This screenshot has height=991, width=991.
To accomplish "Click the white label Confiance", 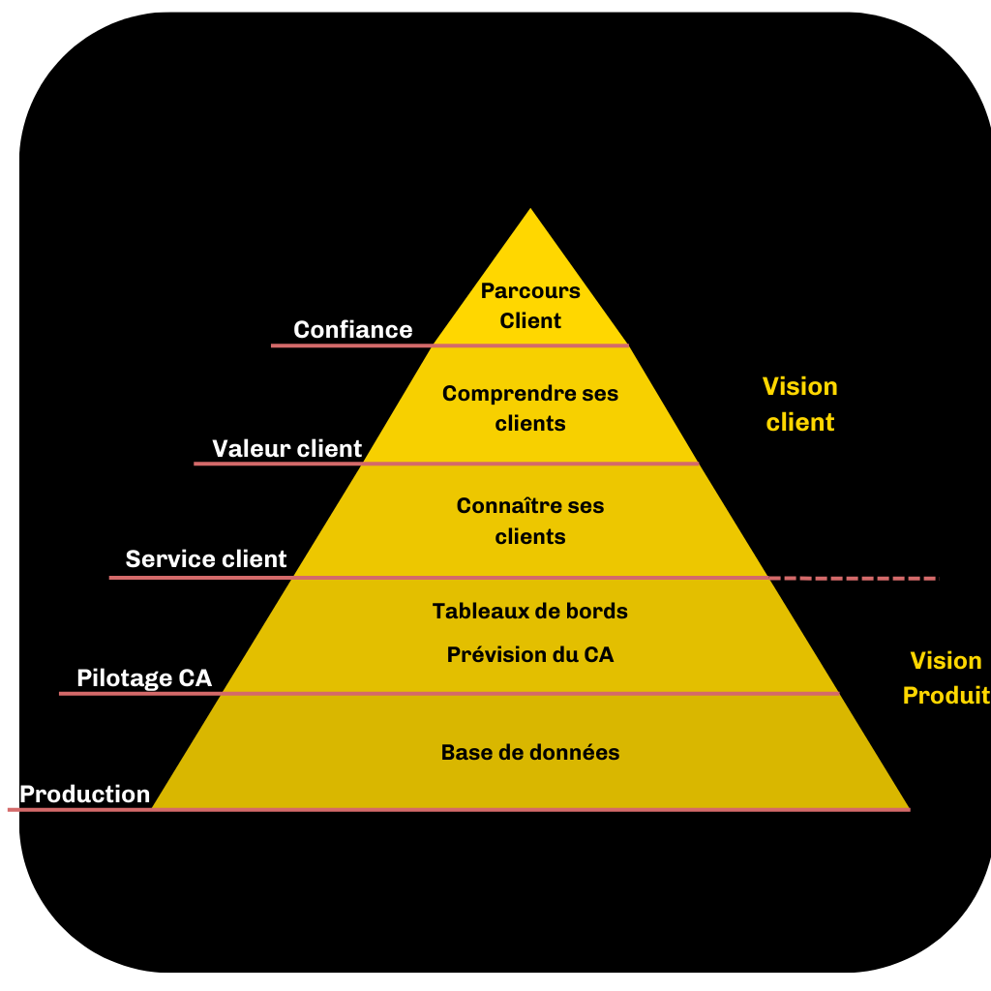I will [x=352, y=330].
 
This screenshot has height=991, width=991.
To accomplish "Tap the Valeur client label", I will [x=286, y=449].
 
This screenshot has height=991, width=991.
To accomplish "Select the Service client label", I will [x=206, y=559].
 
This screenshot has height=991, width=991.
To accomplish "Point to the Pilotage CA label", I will [x=144, y=678].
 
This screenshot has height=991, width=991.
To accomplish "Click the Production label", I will [x=85, y=795].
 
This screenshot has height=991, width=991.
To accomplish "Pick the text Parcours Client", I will [x=530, y=306].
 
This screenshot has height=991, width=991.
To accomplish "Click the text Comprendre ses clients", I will [x=530, y=408].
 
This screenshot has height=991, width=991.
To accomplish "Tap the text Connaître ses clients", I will [x=530, y=521].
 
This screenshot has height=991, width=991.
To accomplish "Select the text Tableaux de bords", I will [x=530, y=612].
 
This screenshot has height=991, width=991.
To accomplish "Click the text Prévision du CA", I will [x=530, y=655].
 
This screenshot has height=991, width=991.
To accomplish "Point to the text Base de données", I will [x=530, y=752].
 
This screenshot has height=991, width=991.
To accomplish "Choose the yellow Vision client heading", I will [x=800, y=405].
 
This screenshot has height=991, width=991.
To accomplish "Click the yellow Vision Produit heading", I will [x=946, y=677].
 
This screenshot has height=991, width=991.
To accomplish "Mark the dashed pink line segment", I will [x=856, y=578].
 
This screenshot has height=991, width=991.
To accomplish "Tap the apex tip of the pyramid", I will [x=530, y=211].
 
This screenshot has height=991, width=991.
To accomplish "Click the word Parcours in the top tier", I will [x=530, y=290].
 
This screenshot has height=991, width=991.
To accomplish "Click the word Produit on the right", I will [x=946, y=696].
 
